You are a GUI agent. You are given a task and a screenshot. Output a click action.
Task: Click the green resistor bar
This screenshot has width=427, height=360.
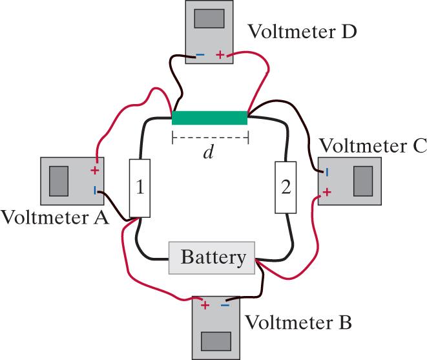click(209, 118)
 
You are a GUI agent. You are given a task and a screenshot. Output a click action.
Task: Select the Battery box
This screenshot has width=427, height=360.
click(213, 259)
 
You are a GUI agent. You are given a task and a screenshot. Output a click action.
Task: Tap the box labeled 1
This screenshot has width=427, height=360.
click(140, 187)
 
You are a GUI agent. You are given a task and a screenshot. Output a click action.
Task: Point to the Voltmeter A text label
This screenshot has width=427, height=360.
click(54, 218)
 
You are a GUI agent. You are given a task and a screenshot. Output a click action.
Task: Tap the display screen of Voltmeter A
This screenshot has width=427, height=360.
click(59, 180)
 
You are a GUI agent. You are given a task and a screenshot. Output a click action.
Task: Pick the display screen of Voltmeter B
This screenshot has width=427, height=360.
click(217, 340)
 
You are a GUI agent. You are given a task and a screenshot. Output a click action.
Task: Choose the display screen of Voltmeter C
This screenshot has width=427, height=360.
click(363, 181)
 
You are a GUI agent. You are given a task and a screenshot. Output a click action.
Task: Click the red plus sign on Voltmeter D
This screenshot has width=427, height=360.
click(220, 55)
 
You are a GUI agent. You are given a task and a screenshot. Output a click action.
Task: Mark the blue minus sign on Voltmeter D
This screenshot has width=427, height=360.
click(200, 55)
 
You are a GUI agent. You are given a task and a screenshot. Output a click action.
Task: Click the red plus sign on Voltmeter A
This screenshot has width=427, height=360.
click(95, 171)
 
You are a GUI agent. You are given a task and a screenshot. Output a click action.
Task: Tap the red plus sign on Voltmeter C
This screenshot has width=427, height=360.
click(328, 192)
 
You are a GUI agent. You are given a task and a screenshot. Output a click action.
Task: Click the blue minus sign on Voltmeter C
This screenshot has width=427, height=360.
click(327, 172)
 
